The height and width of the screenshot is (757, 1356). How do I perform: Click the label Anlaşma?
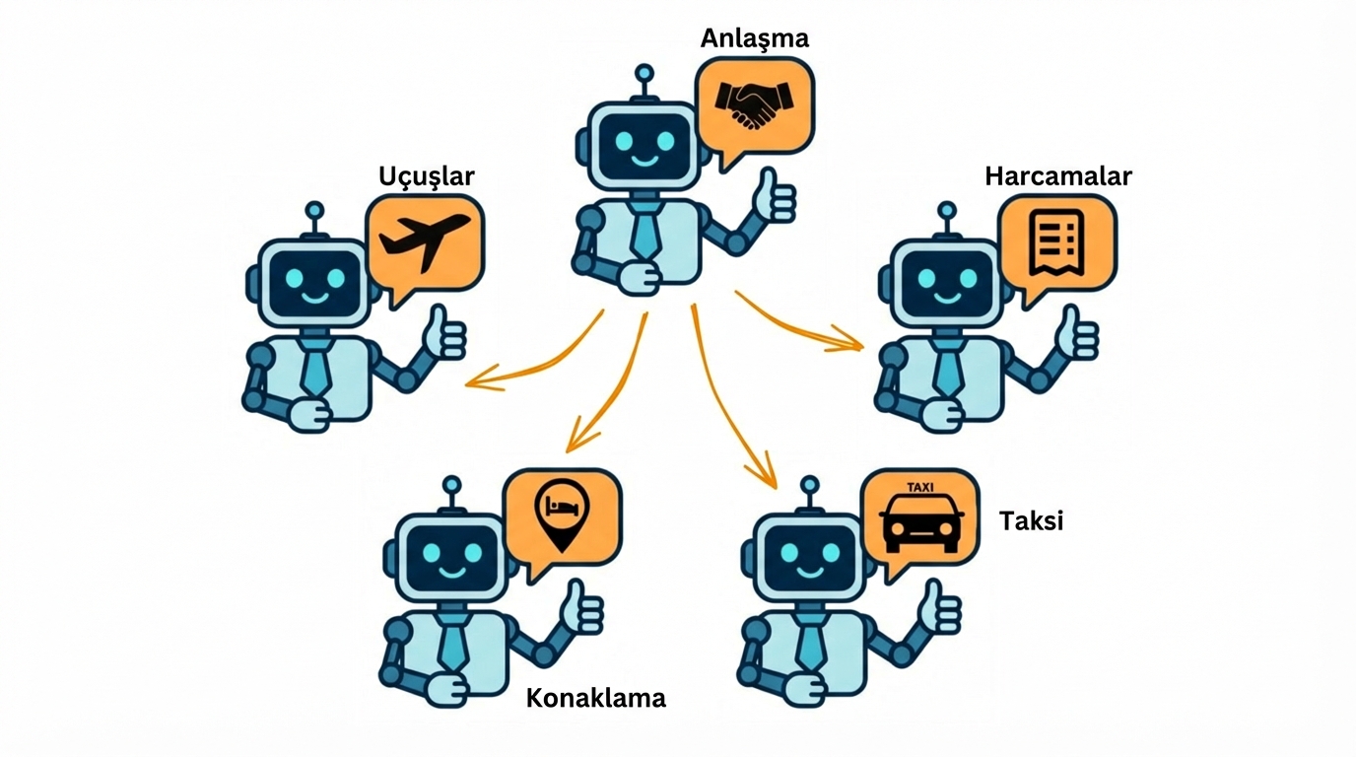click(x=754, y=38)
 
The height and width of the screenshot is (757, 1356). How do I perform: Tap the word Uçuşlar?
click(x=426, y=176)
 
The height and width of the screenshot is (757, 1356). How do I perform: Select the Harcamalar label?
click(x=1057, y=176)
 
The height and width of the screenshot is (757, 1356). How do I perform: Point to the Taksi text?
click(x=1031, y=520)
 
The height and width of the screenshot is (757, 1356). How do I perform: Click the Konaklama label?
click(x=595, y=698)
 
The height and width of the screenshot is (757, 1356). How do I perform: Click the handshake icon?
click(x=754, y=103)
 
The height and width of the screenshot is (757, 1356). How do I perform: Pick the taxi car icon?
click(x=920, y=516)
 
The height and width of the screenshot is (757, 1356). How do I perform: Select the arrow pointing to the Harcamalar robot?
click(x=798, y=324)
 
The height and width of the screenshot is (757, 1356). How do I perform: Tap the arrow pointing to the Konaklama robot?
click(x=606, y=384)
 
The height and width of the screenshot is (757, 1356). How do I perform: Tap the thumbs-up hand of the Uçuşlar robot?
click(x=443, y=335)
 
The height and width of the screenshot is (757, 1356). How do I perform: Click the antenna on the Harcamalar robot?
click(x=947, y=211)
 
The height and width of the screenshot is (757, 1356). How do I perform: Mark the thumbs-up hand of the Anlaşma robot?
click(x=776, y=196)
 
